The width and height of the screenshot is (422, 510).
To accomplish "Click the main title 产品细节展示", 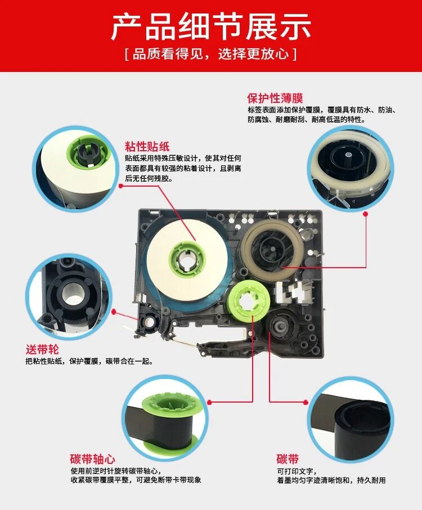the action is [211, 26].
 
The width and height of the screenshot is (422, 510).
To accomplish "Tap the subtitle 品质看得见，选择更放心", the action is [211, 53].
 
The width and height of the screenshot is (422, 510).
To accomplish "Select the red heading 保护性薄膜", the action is [275, 98].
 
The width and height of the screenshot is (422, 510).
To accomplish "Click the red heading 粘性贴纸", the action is [147, 146].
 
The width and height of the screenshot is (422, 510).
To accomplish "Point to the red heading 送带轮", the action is [42, 350].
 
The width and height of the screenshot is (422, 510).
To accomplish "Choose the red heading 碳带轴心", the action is [92, 459].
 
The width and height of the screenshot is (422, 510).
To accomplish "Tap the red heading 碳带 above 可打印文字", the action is [288, 459].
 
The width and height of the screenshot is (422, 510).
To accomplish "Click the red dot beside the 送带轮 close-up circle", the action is [114, 312].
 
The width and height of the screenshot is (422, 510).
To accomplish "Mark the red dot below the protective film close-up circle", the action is [365, 214].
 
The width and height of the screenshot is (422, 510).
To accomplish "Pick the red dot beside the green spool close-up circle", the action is [209, 403].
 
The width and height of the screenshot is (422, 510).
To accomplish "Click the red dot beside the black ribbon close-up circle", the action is [306, 403].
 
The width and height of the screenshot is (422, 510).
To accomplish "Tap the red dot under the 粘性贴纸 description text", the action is [121, 186].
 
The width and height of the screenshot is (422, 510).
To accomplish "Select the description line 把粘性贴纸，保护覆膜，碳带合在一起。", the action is [89, 361].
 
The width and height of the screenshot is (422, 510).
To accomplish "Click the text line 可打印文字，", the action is [297, 471].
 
